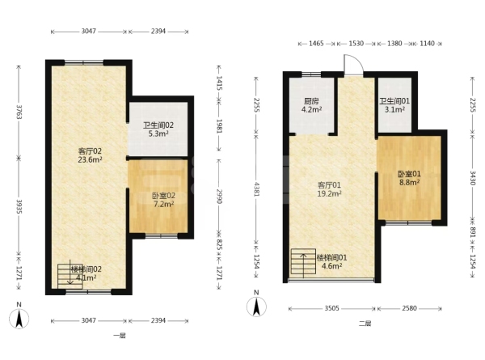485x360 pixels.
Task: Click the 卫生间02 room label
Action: click(158, 125)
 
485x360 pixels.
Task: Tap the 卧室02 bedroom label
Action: click(163, 196)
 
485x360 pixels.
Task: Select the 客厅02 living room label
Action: click(90, 151)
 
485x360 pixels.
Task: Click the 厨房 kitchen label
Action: click(311, 101)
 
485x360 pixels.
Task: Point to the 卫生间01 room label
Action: click(394, 101)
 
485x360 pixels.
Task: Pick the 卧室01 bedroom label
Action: click(409, 174)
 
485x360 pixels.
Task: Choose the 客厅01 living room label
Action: click(329, 185)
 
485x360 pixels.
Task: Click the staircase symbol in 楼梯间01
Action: click(303, 261)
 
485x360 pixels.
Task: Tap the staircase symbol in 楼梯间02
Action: click(70, 276)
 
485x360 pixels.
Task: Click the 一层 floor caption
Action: click(120, 336)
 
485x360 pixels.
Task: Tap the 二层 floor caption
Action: click(365, 324)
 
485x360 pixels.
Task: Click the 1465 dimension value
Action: click(316, 44)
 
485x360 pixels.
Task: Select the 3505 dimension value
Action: click(331, 308)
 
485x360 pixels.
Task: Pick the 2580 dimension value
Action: click(409, 308)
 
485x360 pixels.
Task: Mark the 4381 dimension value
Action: click(256, 189)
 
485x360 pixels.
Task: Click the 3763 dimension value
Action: click(19, 112)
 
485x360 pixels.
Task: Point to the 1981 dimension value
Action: click(219, 126)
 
